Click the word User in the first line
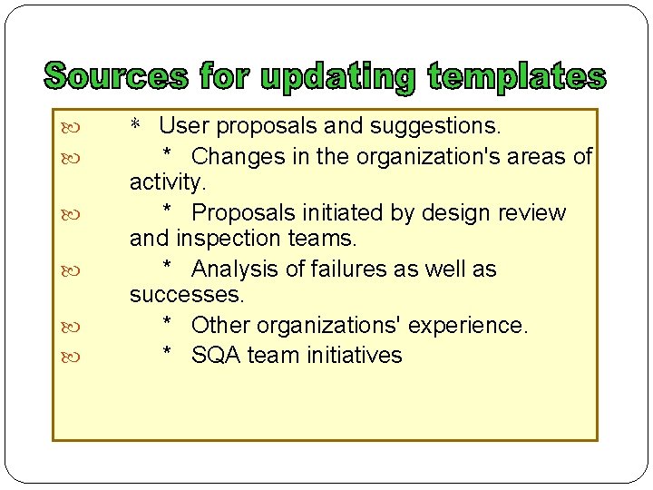pyautogui.click(x=184, y=125)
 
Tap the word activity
pyautogui.click(x=168, y=181)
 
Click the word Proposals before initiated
pyautogui.click(x=248, y=213)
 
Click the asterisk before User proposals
pyautogui.click(x=135, y=125)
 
